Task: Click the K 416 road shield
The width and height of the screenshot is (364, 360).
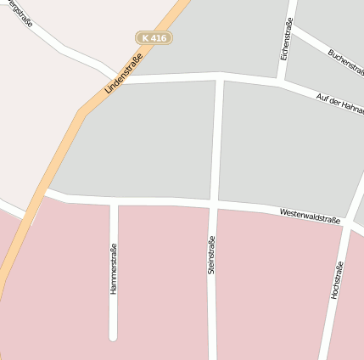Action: coord(154,37)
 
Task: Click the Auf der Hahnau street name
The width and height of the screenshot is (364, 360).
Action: coord(339,105)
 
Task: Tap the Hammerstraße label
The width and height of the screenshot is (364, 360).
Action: coord(113,268)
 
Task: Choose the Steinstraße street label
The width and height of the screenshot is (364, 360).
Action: coord(211,255)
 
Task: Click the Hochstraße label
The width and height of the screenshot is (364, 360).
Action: coord(336,279)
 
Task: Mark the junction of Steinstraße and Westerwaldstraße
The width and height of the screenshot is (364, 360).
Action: coord(213,205)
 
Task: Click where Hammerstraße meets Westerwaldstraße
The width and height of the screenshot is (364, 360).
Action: coord(114,201)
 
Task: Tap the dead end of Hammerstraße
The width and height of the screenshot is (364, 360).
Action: coord(113,336)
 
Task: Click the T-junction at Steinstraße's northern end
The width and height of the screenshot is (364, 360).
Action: coord(220,77)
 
